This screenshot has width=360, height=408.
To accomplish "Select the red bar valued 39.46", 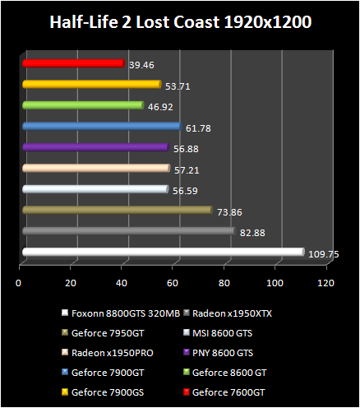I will [x=73, y=63].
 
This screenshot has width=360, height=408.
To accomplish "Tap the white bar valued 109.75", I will [x=163, y=253].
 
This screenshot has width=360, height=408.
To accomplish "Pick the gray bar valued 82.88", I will [x=128, y=231].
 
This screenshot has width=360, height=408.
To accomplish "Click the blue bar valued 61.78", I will [x=101, y=126].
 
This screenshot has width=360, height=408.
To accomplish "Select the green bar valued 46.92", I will [x=83, y=105].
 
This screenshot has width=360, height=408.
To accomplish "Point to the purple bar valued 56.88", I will [x=95, y=147].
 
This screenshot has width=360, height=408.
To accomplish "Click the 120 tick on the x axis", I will [x=327, y=284].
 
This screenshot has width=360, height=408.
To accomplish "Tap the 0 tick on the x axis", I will [x=19, y=284].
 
